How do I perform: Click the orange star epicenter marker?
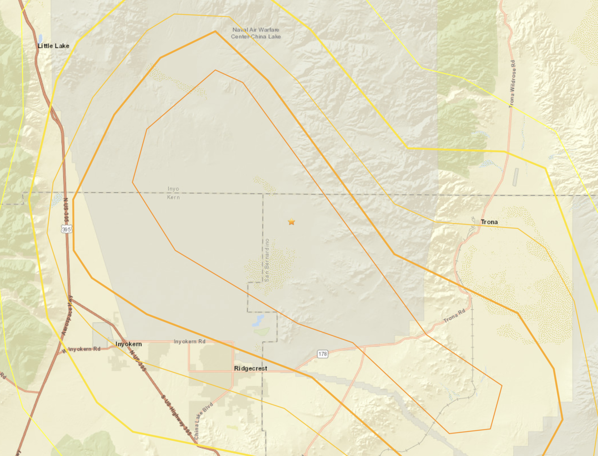pos(291,222)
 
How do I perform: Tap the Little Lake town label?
pos(53,46)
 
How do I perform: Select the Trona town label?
pos(489,222)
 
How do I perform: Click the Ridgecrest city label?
pos(250,368)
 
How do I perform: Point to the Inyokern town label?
pos(128,344)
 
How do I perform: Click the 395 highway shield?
pos(66,229)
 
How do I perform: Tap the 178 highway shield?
pos(322,354)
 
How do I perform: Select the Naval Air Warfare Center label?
pos(256,33)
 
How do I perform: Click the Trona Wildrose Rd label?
pos(512,84)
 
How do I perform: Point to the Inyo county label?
pos(173,189)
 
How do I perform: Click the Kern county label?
pos(173,197)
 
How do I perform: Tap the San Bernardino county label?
pos(267,260)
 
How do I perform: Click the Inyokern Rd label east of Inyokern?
pos(189,341)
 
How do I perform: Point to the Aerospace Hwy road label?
pos(67,315)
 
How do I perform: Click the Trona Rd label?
pos(454,316)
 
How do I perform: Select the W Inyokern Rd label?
pos(82,348)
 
